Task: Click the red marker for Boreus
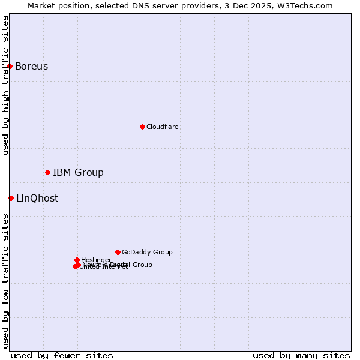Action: click(x=10, y=66)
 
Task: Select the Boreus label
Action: click(x=31, y=66)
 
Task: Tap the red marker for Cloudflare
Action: click(x=142, y=127)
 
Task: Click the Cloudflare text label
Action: click(x=162, y=127)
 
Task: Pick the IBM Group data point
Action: click(x=47, y=173)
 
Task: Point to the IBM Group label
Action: click(x=78, y=173)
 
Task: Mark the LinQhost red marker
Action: click(x=11, y=198)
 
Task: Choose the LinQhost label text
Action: click(x=37, y=198)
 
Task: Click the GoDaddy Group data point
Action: click(x=118, y=252)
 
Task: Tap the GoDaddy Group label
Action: click(x=147, y=252)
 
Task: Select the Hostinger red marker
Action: click(x=77, y=260)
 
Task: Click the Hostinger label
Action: click(x=96, y=260)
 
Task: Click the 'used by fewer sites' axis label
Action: click(x=62, y=355)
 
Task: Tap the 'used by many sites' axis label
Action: click(x=301, y=355)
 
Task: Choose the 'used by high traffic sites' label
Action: click(x=5, y=85)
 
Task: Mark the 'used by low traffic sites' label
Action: click(x=5, y=281)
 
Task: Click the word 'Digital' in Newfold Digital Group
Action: click(x=122, y=265)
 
